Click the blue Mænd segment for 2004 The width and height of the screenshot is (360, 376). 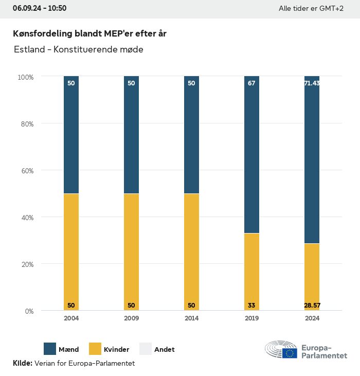pos(71,135)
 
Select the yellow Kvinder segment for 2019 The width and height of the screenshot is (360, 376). pos(251,272)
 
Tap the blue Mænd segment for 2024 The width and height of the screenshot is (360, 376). pos(312,159)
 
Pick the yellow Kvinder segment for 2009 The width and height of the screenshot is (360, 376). pos(131,252)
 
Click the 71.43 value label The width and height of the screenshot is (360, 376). pos(312,83)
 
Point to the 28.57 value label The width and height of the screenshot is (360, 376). pos(312,306)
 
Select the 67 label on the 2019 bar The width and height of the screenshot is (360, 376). pos(251,83)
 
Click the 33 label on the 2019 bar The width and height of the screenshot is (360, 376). pos(251,306)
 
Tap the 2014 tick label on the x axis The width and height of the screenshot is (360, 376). pos(191,318)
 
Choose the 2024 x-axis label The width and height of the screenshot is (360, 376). pos(312,318)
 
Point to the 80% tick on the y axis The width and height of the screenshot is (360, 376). pos(26,124)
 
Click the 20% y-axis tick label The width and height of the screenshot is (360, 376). pos(26,264)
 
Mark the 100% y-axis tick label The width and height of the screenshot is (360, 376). pos(25,77)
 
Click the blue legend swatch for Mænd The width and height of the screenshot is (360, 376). pos(50,349)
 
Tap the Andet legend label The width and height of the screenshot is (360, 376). pos(165,349)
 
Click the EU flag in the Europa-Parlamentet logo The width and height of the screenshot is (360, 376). pos(290,353)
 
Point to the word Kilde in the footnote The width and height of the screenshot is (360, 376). pos(22,363)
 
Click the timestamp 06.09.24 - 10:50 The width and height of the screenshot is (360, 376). pos(40,8)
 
